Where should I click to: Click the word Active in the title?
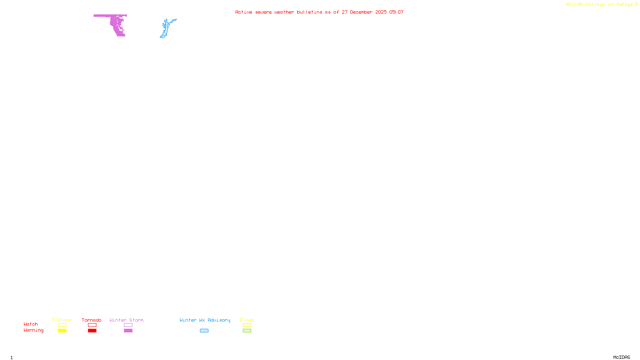[243, 12]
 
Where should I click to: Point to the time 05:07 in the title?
[396, 12]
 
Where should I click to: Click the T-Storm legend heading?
[62, 320]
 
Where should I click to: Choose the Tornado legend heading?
[92, 320]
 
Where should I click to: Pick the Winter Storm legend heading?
[126, 320]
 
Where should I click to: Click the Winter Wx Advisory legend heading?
[205, 320]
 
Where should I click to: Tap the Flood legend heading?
[247, 320]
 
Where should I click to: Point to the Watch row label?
[31, 324]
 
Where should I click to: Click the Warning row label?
[33, 330]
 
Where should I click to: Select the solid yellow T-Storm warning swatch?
[62, 331]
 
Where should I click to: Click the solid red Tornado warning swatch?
[92, 331]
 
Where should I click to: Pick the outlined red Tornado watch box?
[92, 325]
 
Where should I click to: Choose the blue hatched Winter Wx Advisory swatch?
[204, 331]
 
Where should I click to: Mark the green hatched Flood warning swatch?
[247, 331]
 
